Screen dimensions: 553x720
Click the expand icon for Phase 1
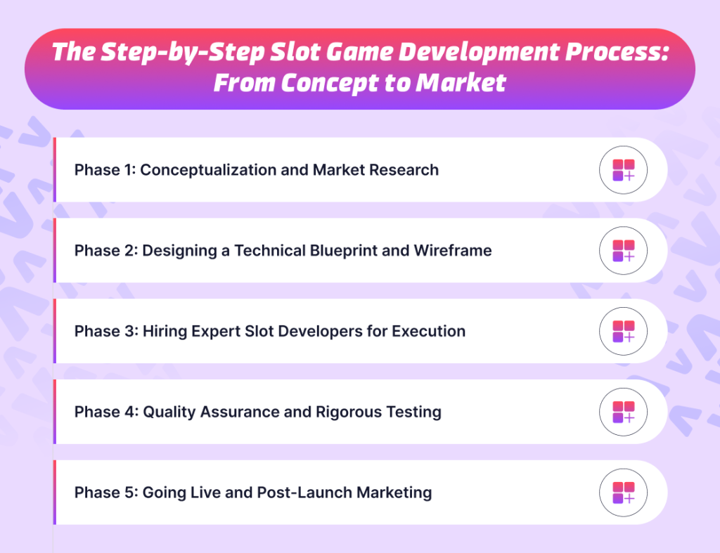pyautogui.click(x=623, y=170)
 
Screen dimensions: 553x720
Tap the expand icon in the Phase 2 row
pyautogui.click(x=623, y=251)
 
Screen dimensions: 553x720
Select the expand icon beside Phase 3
pyautogui.click(x=623, y=332)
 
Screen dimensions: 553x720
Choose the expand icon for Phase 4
pyautogui.click(x=623, y=412)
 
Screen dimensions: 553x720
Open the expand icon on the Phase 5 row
pyautogui.click(x=623, y=493)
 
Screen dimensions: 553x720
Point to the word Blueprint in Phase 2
pyautogui.click(x=337, y=251)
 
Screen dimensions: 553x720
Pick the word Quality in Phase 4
pyautogui.click(x=169, y=412)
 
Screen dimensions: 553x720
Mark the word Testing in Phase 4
pyautogui.click(x=412, y=412)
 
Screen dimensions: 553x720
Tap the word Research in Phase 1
pyautogui.click(x=407, y=170)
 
